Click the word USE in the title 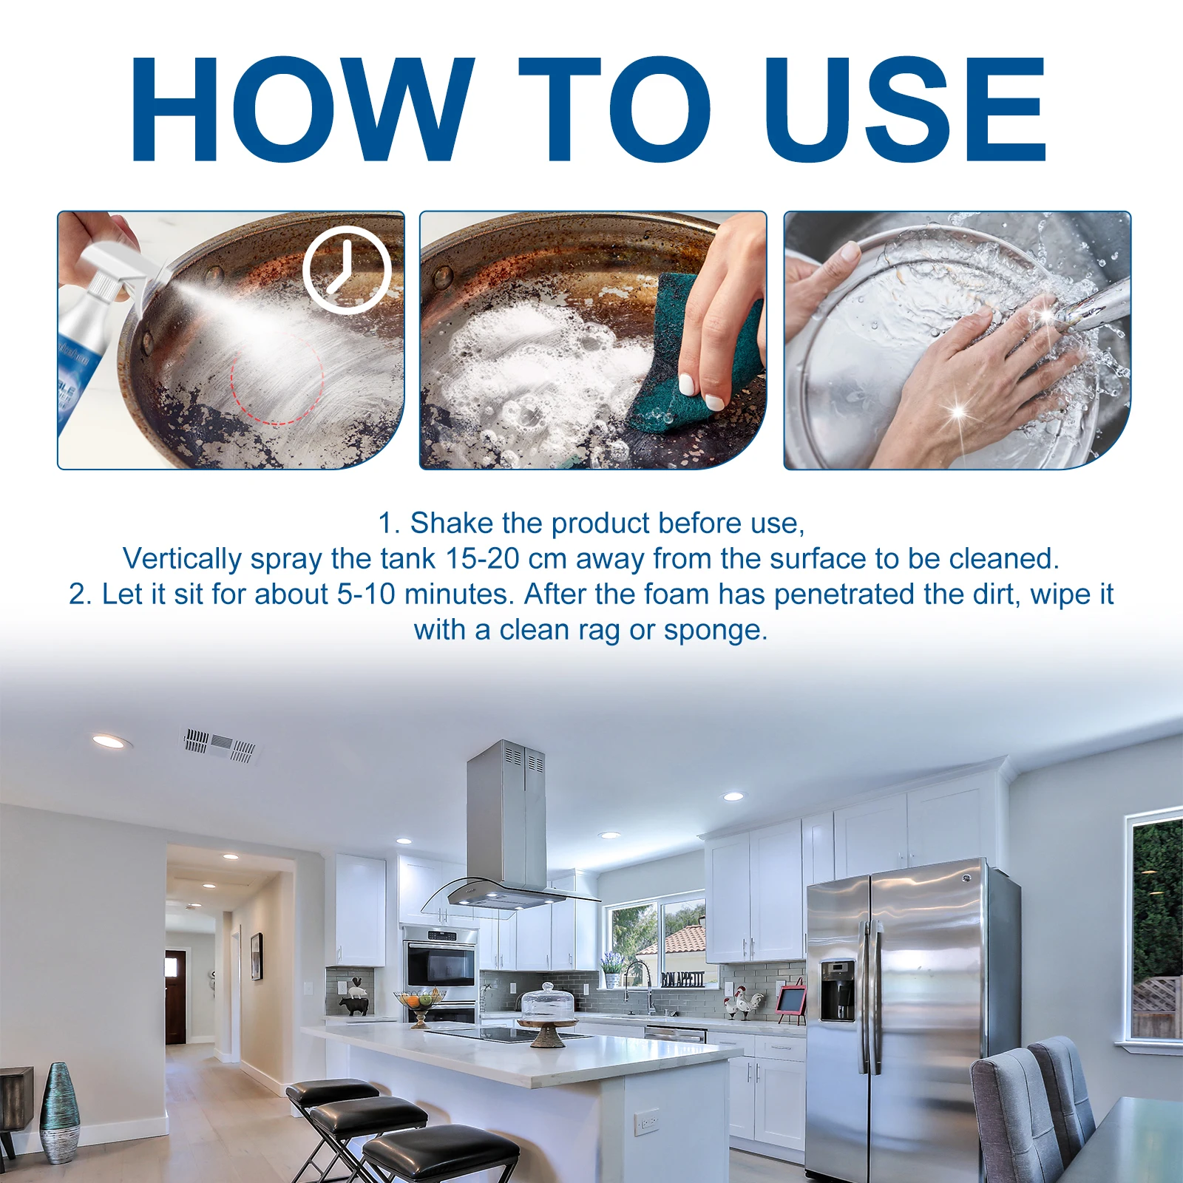coord(904,109)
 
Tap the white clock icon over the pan coord(347,270)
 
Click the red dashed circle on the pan coord(277,377)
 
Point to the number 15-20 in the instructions coord(481,559)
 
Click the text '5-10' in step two coord(366,594)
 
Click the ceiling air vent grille coord(220,745)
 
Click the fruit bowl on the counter coord(419,1000)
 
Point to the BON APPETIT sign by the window coord(682,979)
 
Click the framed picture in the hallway coord(257,956)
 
